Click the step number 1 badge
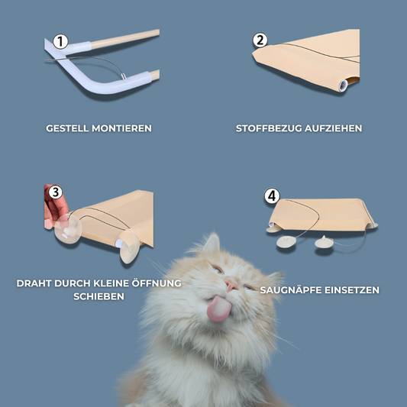(x=60, y=41)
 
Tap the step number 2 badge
(x=260, y=40)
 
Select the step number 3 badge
(x=56, y=192)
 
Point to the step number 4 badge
(x=272, y=195)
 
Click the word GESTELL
(x=67, y=128)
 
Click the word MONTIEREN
(x=121, y=128)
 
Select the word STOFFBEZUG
(x=269, y=128)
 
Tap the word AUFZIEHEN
(x=333, y=128)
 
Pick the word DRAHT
(x=34, y=283)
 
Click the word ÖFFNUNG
(x=157, y=283)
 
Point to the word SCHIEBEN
(x=99, y=296)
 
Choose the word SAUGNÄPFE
(x=291, y=289)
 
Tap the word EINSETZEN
(x=352, y=290)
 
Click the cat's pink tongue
(x=219, y=308)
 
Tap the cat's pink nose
(x=231, y=285)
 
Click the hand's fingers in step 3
(x=54, y=208)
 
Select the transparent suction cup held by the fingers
(x=68, y=229)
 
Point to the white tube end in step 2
(x=343, y=86)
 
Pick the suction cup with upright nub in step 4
(x=325, y=242)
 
